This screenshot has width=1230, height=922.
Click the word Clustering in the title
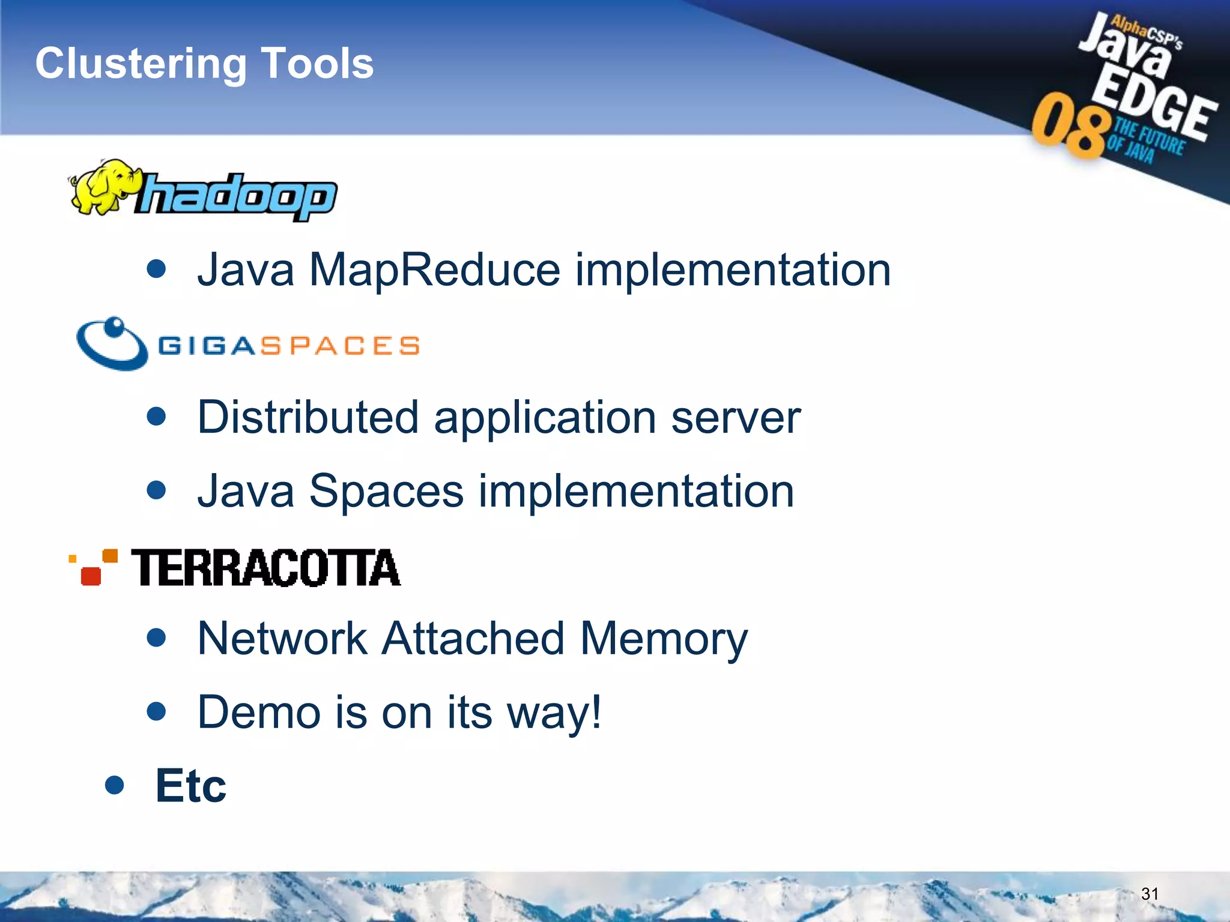coord(141,64)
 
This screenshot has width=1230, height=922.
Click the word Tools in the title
coord(318,63)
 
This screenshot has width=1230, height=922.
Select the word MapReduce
coord(434,270)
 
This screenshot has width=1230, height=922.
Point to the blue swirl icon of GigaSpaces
coord(112,344)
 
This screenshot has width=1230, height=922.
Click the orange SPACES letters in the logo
coord(340,346)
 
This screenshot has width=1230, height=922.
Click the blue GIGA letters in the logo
coord(208,346)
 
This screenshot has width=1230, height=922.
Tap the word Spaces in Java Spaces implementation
coord(386,492)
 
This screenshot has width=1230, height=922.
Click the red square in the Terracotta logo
coord(91,575)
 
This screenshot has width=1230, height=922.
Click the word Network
coord(282,639)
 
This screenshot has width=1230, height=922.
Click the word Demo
coord(258,713)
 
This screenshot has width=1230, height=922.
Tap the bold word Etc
coord(190,786)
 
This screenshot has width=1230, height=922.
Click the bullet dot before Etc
coord(114,785)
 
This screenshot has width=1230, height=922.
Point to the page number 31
coord(1150,894)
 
